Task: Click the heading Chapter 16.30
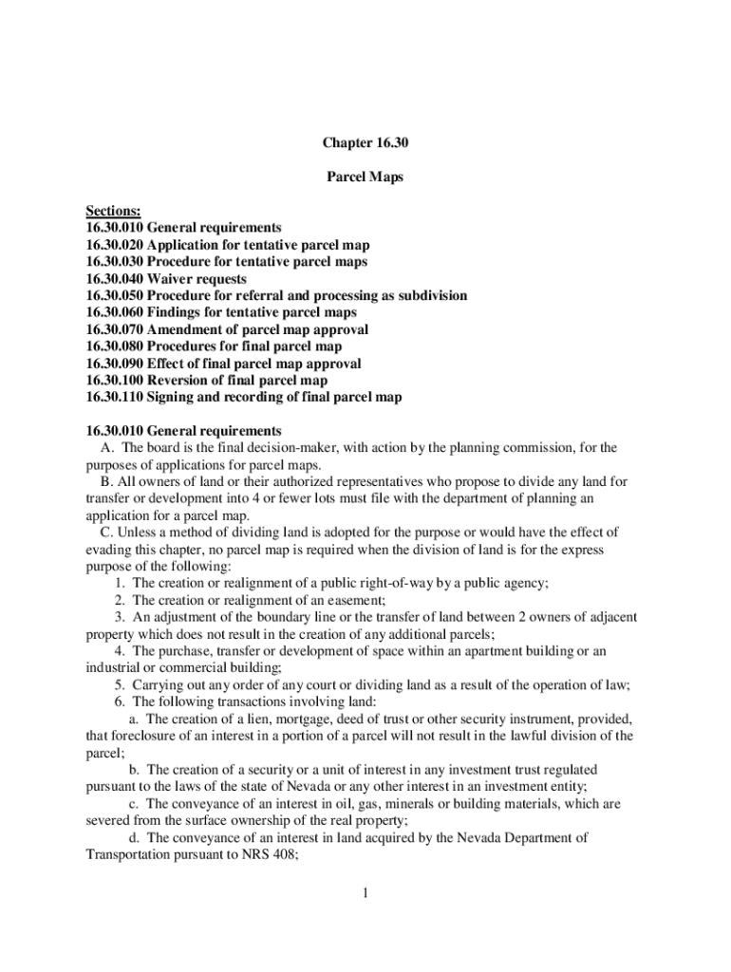365,143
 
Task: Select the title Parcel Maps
365,177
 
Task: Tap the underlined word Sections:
113,210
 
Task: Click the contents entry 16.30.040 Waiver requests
165,279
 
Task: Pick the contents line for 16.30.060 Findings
220,312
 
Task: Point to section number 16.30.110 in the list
114,398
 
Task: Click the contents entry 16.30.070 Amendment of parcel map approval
227,329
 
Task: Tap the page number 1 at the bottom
365,893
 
